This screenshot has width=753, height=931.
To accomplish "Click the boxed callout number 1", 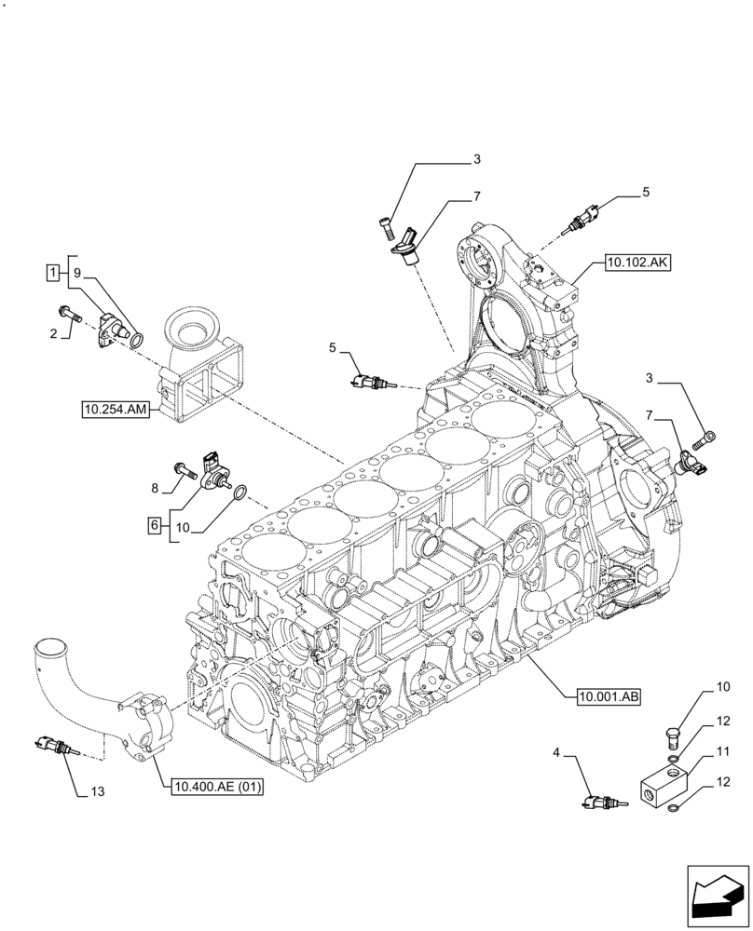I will (x=54, y=273).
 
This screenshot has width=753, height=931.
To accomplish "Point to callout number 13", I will (x=98, y=792).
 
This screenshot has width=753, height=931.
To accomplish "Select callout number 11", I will (x=722, y=751).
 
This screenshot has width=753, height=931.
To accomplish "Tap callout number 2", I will (x=54, y=332).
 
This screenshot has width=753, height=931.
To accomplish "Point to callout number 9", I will (x=78, y=273).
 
